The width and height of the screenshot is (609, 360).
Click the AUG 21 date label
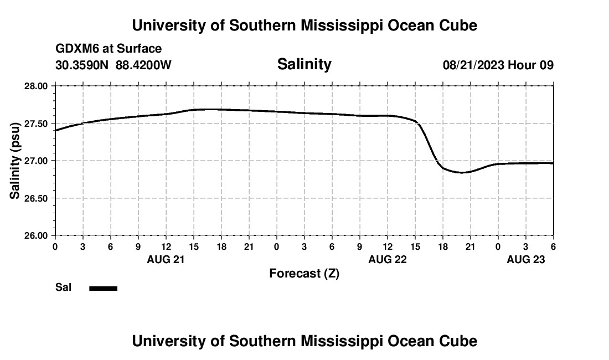click(x=166, y=259)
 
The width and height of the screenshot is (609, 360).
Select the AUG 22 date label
click(x=387, y=259)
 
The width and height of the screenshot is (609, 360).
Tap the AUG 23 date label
click(x=525, y=259)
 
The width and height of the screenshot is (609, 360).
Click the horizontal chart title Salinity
click(x=304, y=64)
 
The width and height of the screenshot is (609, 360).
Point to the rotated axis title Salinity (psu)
click(x=16, y=161)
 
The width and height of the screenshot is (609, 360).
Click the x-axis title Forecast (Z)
click(x=304, y=274)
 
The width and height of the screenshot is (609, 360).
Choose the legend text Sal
click(x=63, y=287)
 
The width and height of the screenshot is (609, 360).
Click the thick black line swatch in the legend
click(x=104, y=288)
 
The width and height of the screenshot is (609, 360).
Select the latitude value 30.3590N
click(x=83, y=65)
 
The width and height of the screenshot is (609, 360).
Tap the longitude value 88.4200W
click(x=143, y=65)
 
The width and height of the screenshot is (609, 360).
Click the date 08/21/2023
click(x=473, y=65)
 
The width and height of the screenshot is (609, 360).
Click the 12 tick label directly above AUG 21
click(x=166, y=246)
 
